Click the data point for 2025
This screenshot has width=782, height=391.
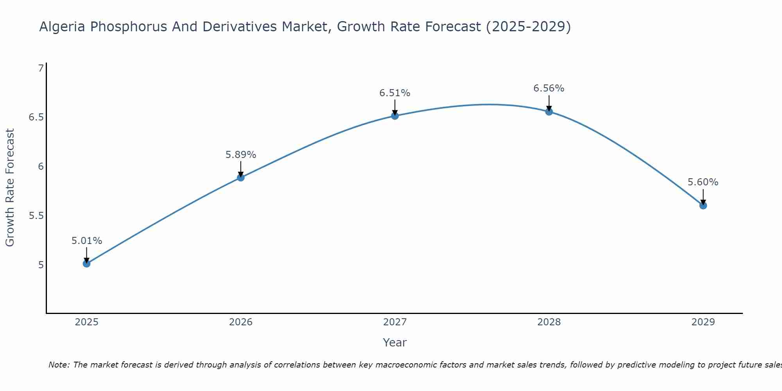[x=86, y=264]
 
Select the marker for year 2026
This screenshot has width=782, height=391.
[x=241, y=178]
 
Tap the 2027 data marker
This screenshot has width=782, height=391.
[x=395, y=116]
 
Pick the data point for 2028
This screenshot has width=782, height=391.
[x=549, y=111]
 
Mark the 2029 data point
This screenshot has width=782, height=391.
[x=703, y=205]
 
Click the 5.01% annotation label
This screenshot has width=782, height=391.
[x=86, y=241]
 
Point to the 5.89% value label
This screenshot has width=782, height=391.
[x=241, y=155]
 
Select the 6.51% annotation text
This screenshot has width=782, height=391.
[x=395, y=93]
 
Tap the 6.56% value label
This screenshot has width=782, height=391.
[x=549, y=88]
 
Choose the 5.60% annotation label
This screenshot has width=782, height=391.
[x=703, y=182]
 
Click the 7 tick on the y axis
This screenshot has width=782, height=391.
[x=41, y=68]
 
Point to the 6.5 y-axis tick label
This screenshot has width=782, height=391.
[x=36, y=117]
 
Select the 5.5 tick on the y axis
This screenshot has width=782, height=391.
[x=36, y=216]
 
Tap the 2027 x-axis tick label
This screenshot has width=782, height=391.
[x=395, y=322]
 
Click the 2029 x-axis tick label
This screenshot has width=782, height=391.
[x=703, y=322]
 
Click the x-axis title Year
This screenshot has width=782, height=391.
[x=395, y=343]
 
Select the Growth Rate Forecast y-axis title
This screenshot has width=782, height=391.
[x=10, y=188]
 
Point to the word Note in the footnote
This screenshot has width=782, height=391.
[x=59, y=365]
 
